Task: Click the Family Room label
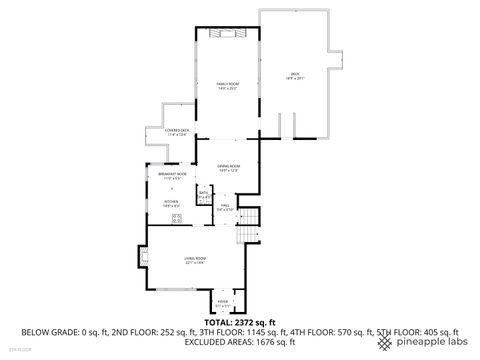(227, 85)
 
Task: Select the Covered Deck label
(164, 130)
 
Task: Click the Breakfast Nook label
(172, 175)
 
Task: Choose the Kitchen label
(171, 204)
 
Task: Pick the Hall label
(226, 208)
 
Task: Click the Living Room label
(195, 260)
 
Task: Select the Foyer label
(222, 302)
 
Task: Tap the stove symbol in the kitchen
(177, 218)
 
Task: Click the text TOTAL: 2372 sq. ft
(239, 323)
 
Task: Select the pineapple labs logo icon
(385, 343)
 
